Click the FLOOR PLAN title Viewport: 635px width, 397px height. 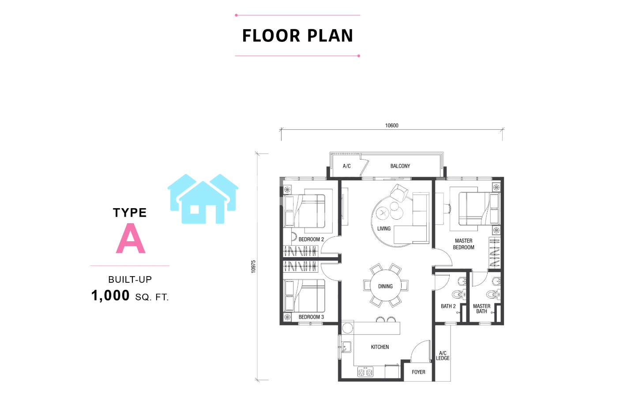pyautogui.click(x=298, y=36)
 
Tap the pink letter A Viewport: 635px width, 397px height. pyautogui.click(x=131, y=238)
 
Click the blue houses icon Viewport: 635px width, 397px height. pyautogui.click(x=203, y=198)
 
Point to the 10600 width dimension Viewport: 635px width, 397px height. pyautogui.click(x=392, y=126)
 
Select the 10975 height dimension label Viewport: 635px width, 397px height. pyautogui.click(x=253, y=266)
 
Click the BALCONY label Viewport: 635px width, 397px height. pyautogui.click(x=400, y=166)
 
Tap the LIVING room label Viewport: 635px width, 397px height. pyautogui.click(x=384, y=228)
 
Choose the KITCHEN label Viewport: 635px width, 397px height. pyautogui.click(x=380, y=347)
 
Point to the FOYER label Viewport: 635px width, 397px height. pyautogui.click(x=418, y=372)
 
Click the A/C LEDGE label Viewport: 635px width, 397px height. pyautogui.click(x=443, y=356)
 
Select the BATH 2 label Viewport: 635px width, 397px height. pyautogui.click(x=448, y=306)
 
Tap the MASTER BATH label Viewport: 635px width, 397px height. pyautogui.click(x=481, y=309)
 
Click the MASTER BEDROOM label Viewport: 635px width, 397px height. pyautogui.click(x=463, y=244)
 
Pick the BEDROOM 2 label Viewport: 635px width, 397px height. pyautogui.click(x=311, y=240)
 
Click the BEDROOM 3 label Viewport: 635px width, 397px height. pyautogui.click(x=311, y=317)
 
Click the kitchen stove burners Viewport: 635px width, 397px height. pyautogui.click(x=365, y=372)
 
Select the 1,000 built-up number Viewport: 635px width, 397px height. pyautogui.click(x=110, y=296)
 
